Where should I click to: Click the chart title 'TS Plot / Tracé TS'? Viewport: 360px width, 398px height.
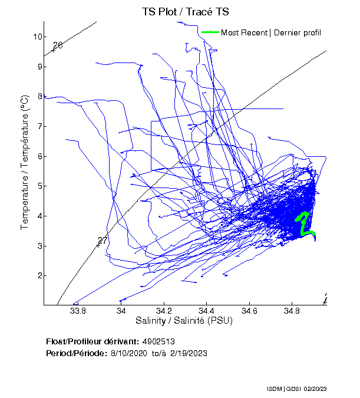tap(186, 12)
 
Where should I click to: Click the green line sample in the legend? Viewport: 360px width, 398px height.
tap(210, 32)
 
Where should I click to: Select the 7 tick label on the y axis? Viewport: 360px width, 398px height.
tap(39, 126)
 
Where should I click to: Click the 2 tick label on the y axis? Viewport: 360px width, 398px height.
tap(39, 275)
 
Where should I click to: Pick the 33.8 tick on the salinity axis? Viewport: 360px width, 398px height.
tap(78, 311)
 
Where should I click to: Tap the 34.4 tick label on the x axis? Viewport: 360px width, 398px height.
tap(206, 311)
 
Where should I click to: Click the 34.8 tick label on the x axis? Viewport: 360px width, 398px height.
tap(292, 311)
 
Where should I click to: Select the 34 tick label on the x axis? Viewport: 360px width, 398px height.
tap(121, 311)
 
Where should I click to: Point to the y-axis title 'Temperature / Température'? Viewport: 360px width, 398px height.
tap(25, 163)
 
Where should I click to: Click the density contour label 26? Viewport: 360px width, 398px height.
tap(58, 45)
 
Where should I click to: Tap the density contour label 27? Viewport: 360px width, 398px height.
tap(103, 241)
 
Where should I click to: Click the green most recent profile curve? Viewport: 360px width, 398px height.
tap(303, 224)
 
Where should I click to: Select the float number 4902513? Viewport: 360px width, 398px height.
tap(158, 341)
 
